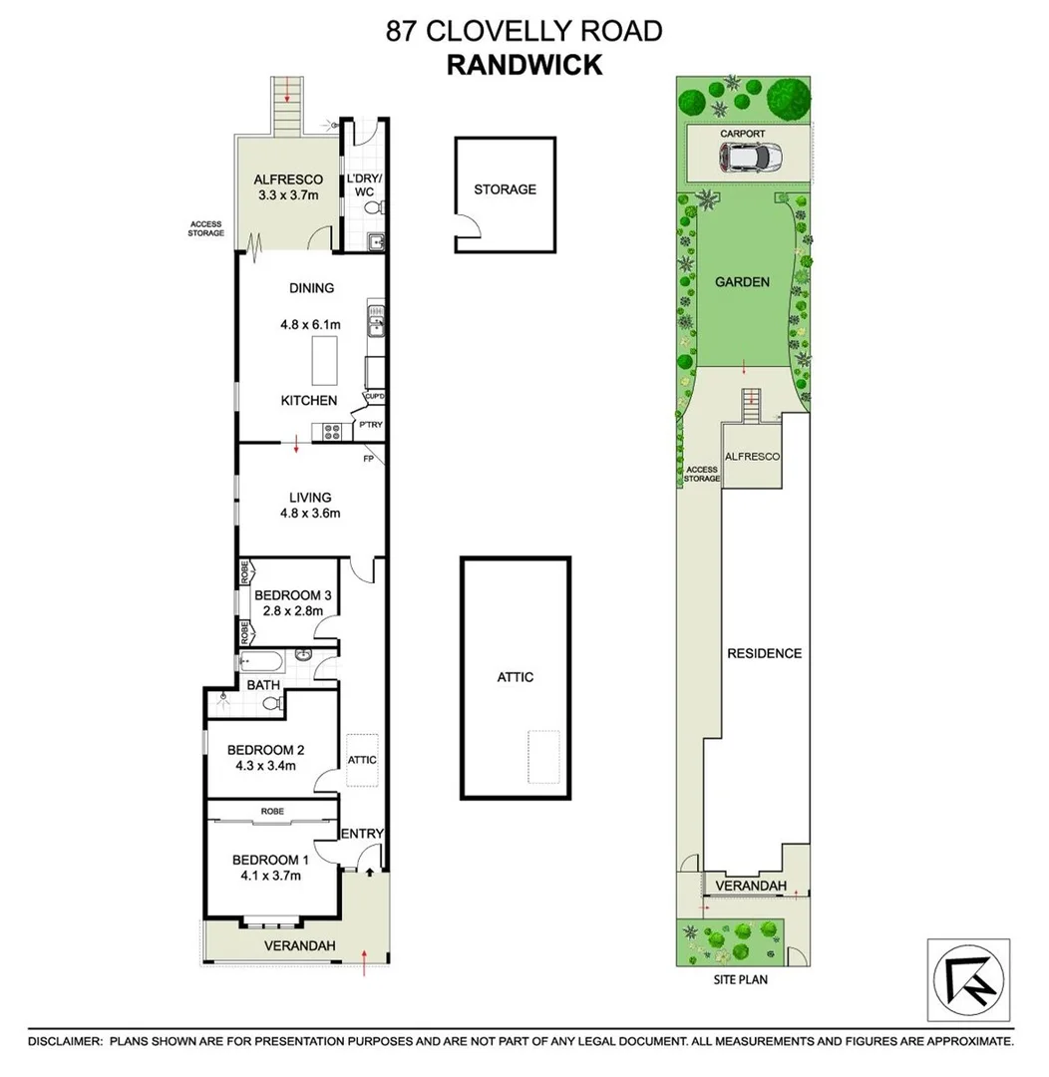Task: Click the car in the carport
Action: [x=748, y=158]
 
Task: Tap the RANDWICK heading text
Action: [x=524, y=65]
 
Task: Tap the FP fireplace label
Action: [x=368, y=460]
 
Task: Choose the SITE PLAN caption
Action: [x=740, y=979]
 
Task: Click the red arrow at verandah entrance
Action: [x=365, y=962]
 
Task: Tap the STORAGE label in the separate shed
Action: [x=505, y=189]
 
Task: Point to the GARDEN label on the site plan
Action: [x=742, y=281]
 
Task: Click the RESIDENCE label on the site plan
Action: [x=764, y=653]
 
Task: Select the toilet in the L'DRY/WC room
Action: [x=373, y=208]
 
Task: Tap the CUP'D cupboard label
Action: [x=375, y=396]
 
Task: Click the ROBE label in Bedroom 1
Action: [x=273, y=812]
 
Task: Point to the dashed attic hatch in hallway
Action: [x=362, y=760]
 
